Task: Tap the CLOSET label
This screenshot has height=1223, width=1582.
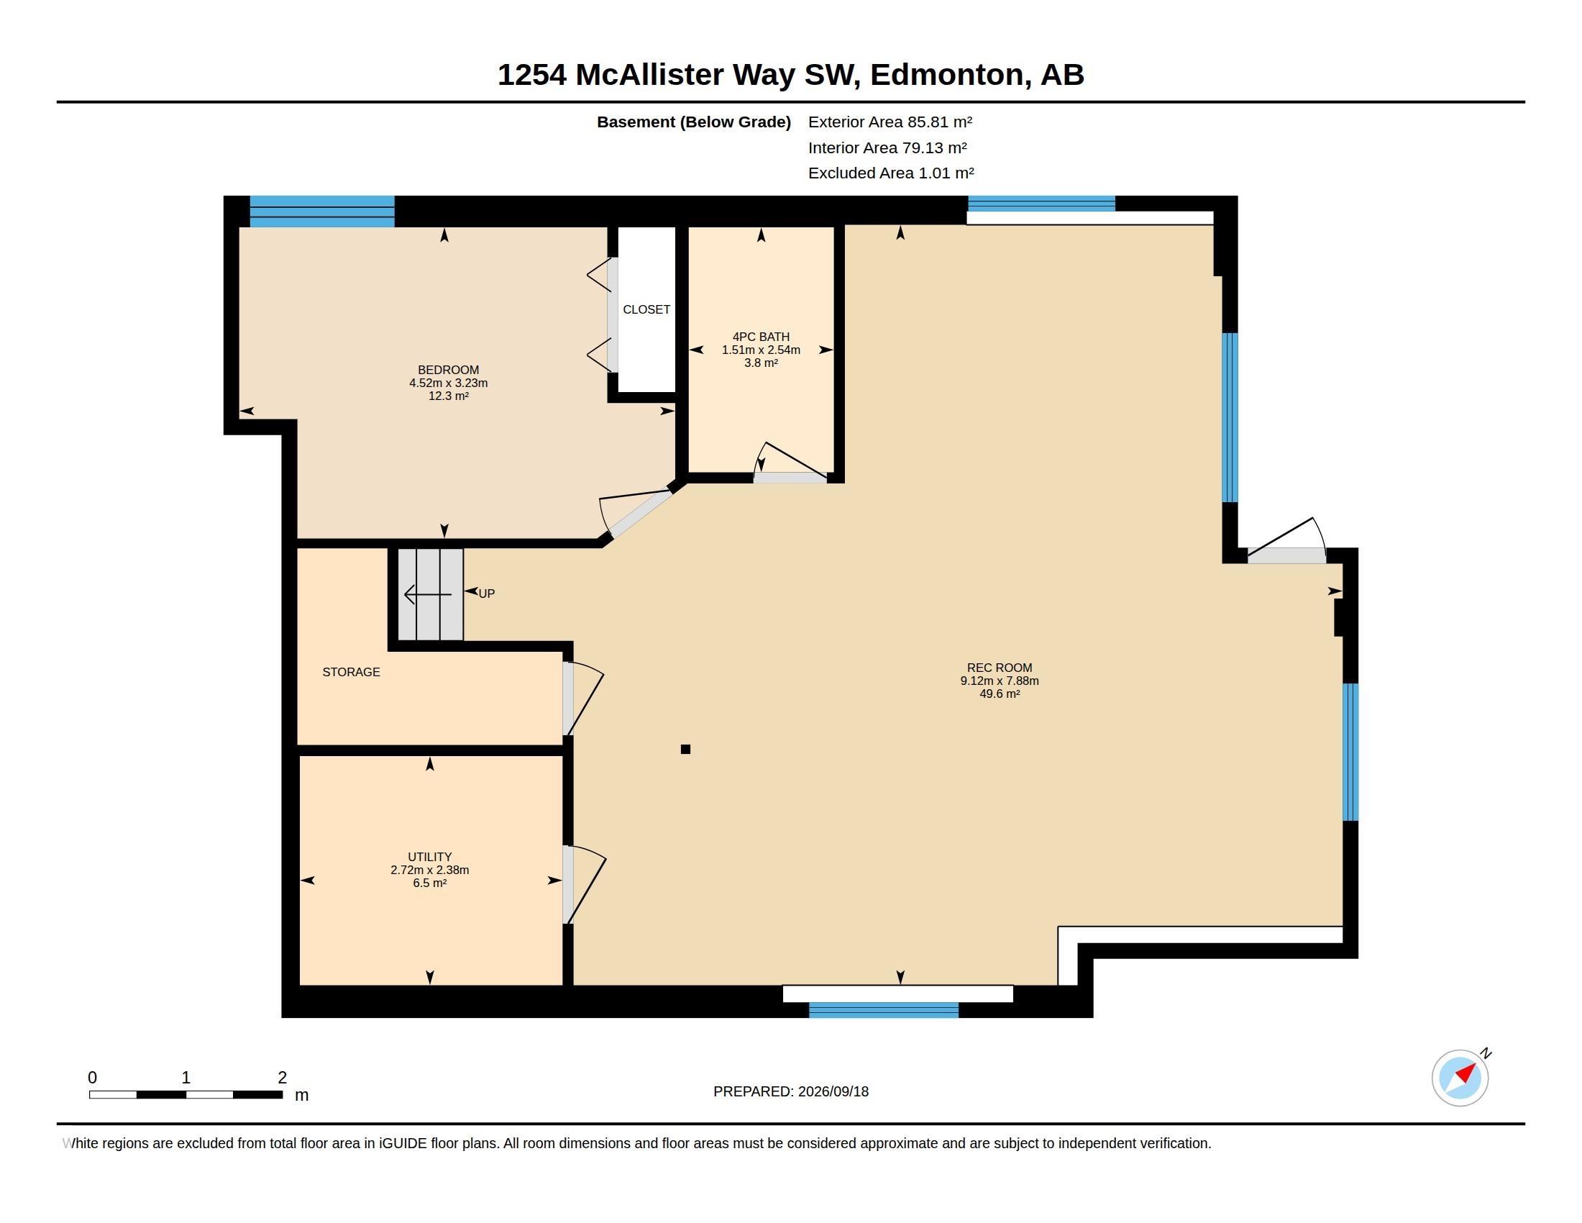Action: tap(646, 309)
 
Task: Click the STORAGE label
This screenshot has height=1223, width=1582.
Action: tap(351, 672)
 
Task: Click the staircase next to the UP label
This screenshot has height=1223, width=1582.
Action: tap(430, 594)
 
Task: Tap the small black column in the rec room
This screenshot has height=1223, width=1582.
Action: tap(685, 749)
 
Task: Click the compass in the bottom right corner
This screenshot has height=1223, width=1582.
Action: tap(1460, 1078)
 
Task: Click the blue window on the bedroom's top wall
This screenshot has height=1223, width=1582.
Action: tap(321, 212)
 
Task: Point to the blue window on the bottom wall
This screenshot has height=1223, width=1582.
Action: tap(883, 1010)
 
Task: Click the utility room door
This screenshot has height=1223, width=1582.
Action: tap(584, 885)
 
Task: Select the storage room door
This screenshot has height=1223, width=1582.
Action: tap(582, 699)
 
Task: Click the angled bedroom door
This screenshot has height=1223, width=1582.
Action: tap(634, 514)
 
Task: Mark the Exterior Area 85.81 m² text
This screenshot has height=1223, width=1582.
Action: tap(890, 122)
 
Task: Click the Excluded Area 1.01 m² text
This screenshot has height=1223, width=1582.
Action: tap(891, 173)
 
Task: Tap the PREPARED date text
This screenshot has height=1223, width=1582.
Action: tap(791, 1091)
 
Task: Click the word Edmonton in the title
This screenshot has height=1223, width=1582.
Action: tap(947, 75)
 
